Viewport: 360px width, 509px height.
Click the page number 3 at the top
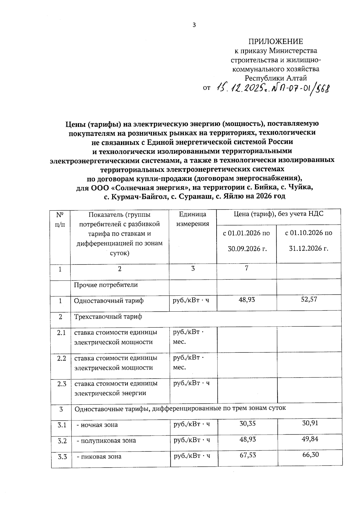194,25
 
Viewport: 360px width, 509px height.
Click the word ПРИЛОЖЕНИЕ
275,41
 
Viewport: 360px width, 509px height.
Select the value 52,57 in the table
309,299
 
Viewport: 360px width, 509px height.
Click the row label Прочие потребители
106,285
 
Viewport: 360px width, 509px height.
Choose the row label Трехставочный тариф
108,317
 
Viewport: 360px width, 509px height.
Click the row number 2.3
61,384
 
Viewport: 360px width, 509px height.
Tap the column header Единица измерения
193,219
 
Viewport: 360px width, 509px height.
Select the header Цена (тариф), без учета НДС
278,214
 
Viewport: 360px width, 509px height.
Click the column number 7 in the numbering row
246,268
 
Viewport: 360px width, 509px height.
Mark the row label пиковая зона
100,457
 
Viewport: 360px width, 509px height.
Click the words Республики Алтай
276,78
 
